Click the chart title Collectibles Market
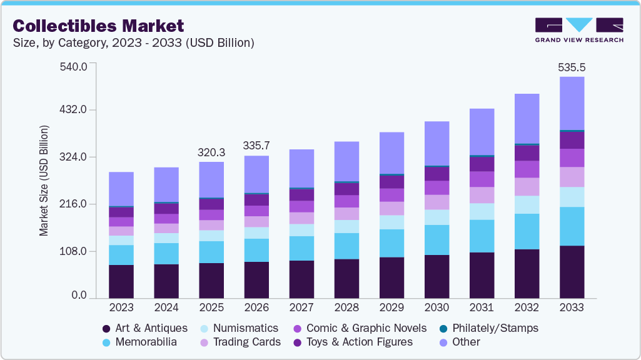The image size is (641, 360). (98, 26)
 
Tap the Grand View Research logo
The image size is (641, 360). (579, 30)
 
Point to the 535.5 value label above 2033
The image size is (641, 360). (572, 67)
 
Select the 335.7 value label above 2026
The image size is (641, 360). (256, 146)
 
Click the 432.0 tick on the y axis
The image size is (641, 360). (74, 111)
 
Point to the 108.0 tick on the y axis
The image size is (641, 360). (74, 252)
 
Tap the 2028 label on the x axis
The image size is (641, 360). (346, 308)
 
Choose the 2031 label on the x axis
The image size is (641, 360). (482, 308)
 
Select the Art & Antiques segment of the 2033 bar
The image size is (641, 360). (572, 272)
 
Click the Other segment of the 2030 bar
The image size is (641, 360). (437, 143)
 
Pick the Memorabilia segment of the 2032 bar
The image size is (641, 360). (527, 231)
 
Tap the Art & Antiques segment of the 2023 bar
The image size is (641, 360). (121, 281)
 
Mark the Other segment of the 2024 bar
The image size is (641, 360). (166, 184)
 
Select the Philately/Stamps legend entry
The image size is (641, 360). (495, 328)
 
